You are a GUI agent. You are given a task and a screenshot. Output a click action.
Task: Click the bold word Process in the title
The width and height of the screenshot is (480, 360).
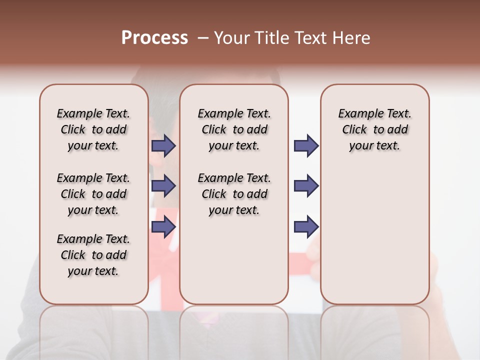[x=154, y=38]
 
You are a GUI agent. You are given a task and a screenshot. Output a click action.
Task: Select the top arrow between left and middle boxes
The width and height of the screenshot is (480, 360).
[x=163, y=145]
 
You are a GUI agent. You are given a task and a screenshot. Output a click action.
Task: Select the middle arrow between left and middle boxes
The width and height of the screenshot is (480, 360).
[x=163, y=186]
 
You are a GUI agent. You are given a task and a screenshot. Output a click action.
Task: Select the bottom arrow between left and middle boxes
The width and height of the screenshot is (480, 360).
[x=163, y=226]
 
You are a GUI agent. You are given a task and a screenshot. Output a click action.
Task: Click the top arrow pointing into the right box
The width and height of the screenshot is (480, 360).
[x=306, y=145]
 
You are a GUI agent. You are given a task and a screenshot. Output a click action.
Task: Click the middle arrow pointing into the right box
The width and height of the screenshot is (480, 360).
[x=306, y=186]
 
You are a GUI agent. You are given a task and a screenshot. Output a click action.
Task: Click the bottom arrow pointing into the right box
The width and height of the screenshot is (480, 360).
[x=306, y=226]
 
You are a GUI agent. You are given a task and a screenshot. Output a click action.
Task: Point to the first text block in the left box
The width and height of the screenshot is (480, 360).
[x=93, y=129]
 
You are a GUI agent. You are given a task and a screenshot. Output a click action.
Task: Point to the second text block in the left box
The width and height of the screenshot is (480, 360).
[x=93, y=194]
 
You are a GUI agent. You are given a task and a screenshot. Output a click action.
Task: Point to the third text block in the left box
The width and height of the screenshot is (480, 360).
[x=93, y=255]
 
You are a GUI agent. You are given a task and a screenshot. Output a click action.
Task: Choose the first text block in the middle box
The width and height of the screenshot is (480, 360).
[x=234, y=129]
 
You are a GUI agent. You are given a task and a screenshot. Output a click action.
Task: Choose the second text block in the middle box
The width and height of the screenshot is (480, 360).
[x=234, y=194]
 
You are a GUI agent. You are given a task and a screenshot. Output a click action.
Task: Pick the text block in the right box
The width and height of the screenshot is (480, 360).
[x=374, y=129]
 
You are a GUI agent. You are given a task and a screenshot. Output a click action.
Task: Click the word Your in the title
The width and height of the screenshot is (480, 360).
[x=231, y=38]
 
